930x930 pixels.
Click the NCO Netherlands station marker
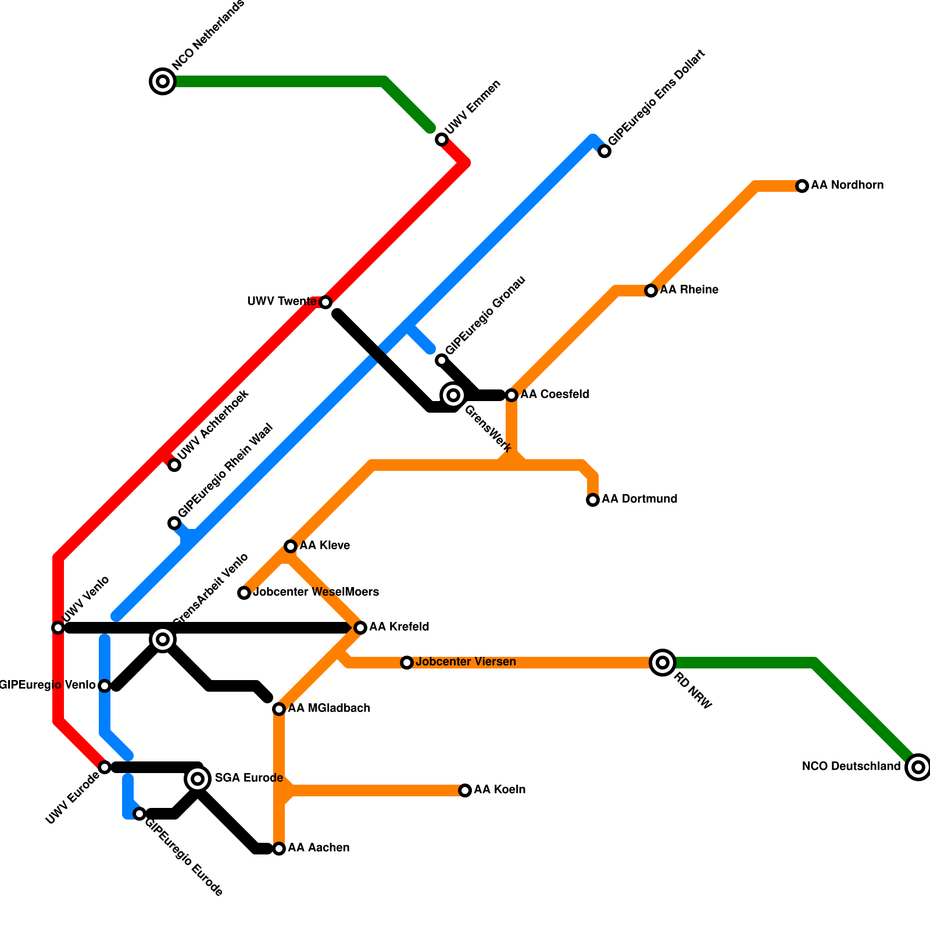[x=163, y=81]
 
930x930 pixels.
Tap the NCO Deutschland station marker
[x=918, y=767]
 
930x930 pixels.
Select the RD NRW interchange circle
[x=662, y=663]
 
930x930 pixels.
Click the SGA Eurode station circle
[x=198, y=779]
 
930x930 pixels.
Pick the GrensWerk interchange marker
[x=453, y=395]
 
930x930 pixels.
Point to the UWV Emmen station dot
[x=442, y=139]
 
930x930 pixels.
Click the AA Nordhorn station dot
[x=802, y=186]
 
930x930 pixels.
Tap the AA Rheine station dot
[x=651, y=291]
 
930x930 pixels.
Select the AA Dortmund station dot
[x=593, y=500]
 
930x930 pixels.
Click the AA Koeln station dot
[x=465, y=791]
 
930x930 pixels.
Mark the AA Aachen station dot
[x=279, y=849]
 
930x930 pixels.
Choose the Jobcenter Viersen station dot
[x=407, y=663]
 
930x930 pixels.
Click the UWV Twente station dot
[x=325, y=302]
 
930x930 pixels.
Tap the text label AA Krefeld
[x=399, y=627]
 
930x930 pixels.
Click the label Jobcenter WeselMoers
[x=316, y=592]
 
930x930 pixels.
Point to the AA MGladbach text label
[x=329, y=709]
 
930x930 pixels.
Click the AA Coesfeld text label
[x=555, y=395]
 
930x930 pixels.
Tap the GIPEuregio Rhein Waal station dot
[x=174, y=523]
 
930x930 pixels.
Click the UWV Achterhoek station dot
[x=174, y=465]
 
